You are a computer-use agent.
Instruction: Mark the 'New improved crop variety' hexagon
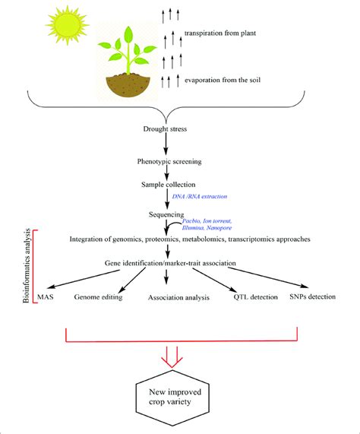click(179, 395)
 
